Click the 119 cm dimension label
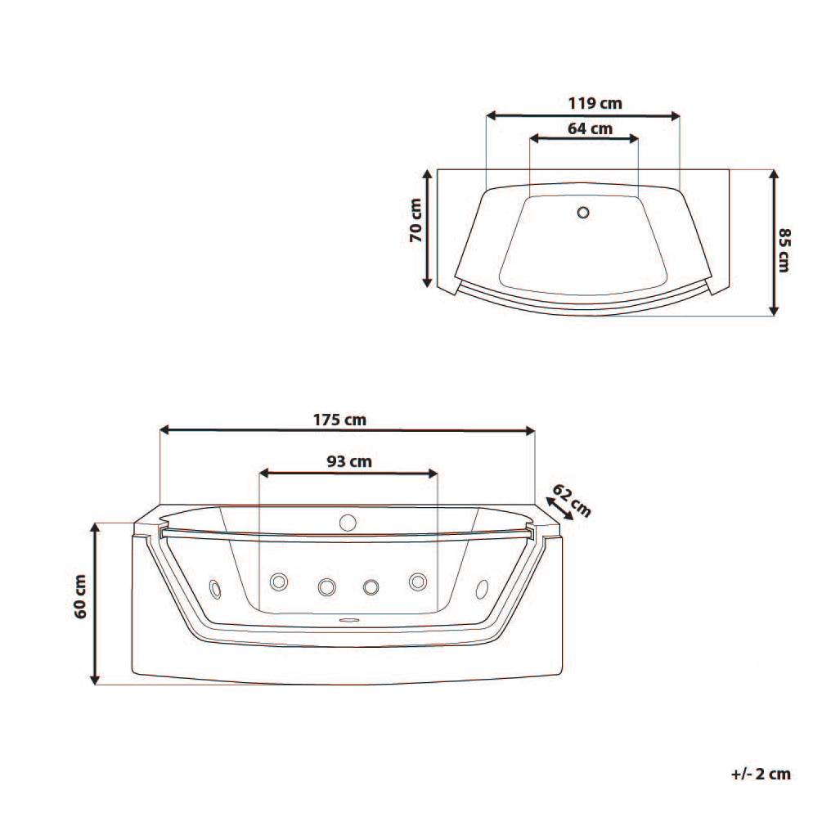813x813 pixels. tap(595, 103)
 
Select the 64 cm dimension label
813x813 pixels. tap(590, 128)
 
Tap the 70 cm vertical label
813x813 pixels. tap(415, 221)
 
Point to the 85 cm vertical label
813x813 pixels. tap(783, 250)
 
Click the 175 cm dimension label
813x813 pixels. tap(339, 420)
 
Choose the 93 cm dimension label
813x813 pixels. tap(349, 461)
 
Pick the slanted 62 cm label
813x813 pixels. tap(572, 499)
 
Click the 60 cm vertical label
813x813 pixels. tap(80, 597)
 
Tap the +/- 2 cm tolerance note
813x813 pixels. tap(761, 774)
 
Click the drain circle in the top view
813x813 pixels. tap(582, 213)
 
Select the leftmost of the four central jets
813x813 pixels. tap(279, 582)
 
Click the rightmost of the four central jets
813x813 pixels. tap(418, 582)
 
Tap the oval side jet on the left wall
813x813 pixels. tap(215, 587)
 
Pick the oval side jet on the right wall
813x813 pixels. tap(481, 587)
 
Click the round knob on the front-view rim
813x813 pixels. tap(348, 521)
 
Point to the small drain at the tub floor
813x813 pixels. tap(349, 619)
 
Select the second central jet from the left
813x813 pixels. tap(326, 586)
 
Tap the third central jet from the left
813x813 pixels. tap(371, 586)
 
